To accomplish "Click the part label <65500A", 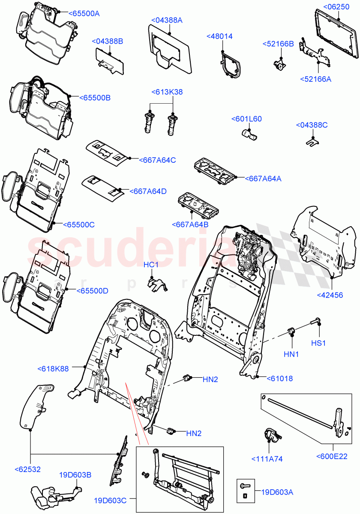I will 84,13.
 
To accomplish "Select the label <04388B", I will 107,41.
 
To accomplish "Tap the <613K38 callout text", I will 167,92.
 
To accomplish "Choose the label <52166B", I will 278,44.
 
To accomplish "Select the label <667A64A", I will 263,179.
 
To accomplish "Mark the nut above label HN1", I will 291,331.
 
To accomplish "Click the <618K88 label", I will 53,368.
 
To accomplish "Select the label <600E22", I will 332,457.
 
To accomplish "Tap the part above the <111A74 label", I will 270,434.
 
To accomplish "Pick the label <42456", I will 330,295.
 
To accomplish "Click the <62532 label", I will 27,469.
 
